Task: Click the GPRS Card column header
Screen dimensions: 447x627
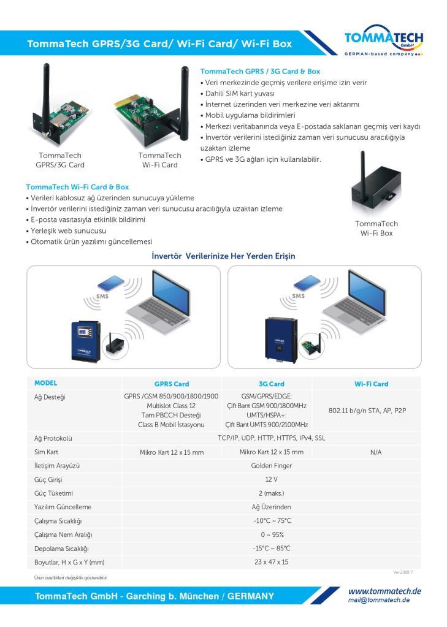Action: pyautogui.click(x=172, y=384)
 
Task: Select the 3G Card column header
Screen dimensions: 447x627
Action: pyautogui.click(x=271, y=384)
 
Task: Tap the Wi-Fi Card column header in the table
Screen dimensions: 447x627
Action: pyautogui.click(x=372, y=384)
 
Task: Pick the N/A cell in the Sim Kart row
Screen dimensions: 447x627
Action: pyautogui.click(x=376, y=452)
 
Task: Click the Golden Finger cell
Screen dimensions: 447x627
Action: pyautogui.click(x=271, y=466)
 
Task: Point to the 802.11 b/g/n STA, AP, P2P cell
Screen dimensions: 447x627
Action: pyautogui.click(x=367, y=411)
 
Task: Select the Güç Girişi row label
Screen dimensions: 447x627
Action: pyautogui.click(x=48, y=480)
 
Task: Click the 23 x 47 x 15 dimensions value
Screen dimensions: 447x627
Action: pyautogui.click(x=271, y=562)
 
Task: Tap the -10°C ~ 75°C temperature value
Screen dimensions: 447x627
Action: pyautogui.click(x=272, y=520)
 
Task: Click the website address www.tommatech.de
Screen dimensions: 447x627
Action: pyautogui.click(x=384, y=591)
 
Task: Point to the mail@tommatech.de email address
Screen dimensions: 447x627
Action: pyautogui.click(x=378, y=600)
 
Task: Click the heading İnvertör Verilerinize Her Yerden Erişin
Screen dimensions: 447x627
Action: pyautogui.click(x=223, y=256)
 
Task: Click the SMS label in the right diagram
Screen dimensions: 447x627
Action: pyautogui.click(x=298, y=296)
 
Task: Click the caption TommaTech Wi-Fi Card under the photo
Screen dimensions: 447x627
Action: pyautogui.click(x=159, y=160)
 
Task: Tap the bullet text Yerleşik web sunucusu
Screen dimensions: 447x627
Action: pyautogui.click(x=69, y=230)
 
